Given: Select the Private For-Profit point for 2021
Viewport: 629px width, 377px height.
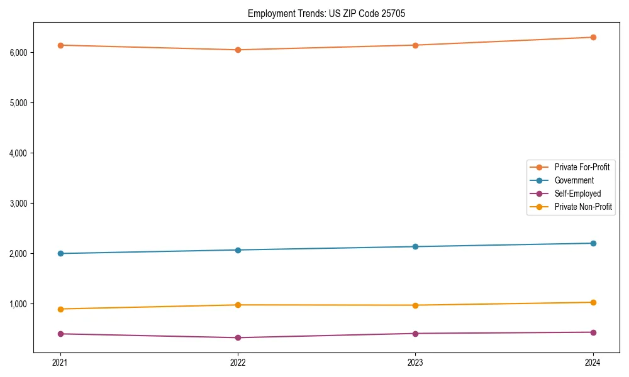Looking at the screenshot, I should (60, 45).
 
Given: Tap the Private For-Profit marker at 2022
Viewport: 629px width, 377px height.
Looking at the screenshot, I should (238, 50).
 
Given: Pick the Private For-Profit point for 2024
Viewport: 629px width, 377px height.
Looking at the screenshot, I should (593, 37).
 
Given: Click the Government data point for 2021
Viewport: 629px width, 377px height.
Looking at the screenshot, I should (60, 253).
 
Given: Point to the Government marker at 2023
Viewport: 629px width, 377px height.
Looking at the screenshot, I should (415, 246).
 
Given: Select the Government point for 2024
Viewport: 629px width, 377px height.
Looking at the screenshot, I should (593, 243).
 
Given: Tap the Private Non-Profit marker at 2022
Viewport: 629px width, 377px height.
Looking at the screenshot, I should (238, 305).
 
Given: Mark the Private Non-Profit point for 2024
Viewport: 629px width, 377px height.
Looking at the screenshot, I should (593, 302).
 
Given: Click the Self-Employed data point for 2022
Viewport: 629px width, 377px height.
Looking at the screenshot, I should (238, 337).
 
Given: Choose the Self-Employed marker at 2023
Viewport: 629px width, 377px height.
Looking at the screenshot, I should (415, 333).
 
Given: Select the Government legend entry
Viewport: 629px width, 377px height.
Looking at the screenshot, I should (574, 180).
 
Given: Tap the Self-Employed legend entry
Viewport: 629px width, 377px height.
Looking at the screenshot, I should (577, 194).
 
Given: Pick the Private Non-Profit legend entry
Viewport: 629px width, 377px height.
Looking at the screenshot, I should (583, 207).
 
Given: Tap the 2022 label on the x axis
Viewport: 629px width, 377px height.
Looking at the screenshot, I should (238, 363).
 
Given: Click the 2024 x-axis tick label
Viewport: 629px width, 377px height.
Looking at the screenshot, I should (593, 363).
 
